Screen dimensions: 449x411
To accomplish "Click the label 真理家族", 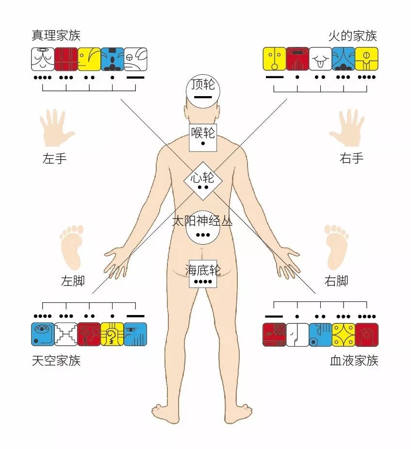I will (x=56, y=36).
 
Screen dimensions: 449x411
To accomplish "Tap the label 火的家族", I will (x=353, y=36).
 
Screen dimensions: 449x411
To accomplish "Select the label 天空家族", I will (x=56, y=361).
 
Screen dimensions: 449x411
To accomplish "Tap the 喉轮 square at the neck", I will (x=203, y=137).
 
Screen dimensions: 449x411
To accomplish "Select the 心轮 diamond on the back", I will (x=203, y=181).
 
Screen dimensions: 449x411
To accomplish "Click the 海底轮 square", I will (x=203, y=275).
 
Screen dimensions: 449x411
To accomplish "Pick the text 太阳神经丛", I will (x=203, y=221).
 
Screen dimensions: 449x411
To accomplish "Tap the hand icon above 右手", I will (x=347, y=127).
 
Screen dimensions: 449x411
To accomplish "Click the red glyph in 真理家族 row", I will (x=66, y=59).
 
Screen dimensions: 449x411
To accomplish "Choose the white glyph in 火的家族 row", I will (x=320, y=59).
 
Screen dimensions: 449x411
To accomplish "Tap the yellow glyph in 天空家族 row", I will (x=112, y=334).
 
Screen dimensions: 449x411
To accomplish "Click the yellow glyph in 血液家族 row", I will (x=344, y=334).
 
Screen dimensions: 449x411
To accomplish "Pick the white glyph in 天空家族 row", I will (x=66, y=334).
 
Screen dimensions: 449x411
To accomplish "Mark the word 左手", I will (x=55, y=159).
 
